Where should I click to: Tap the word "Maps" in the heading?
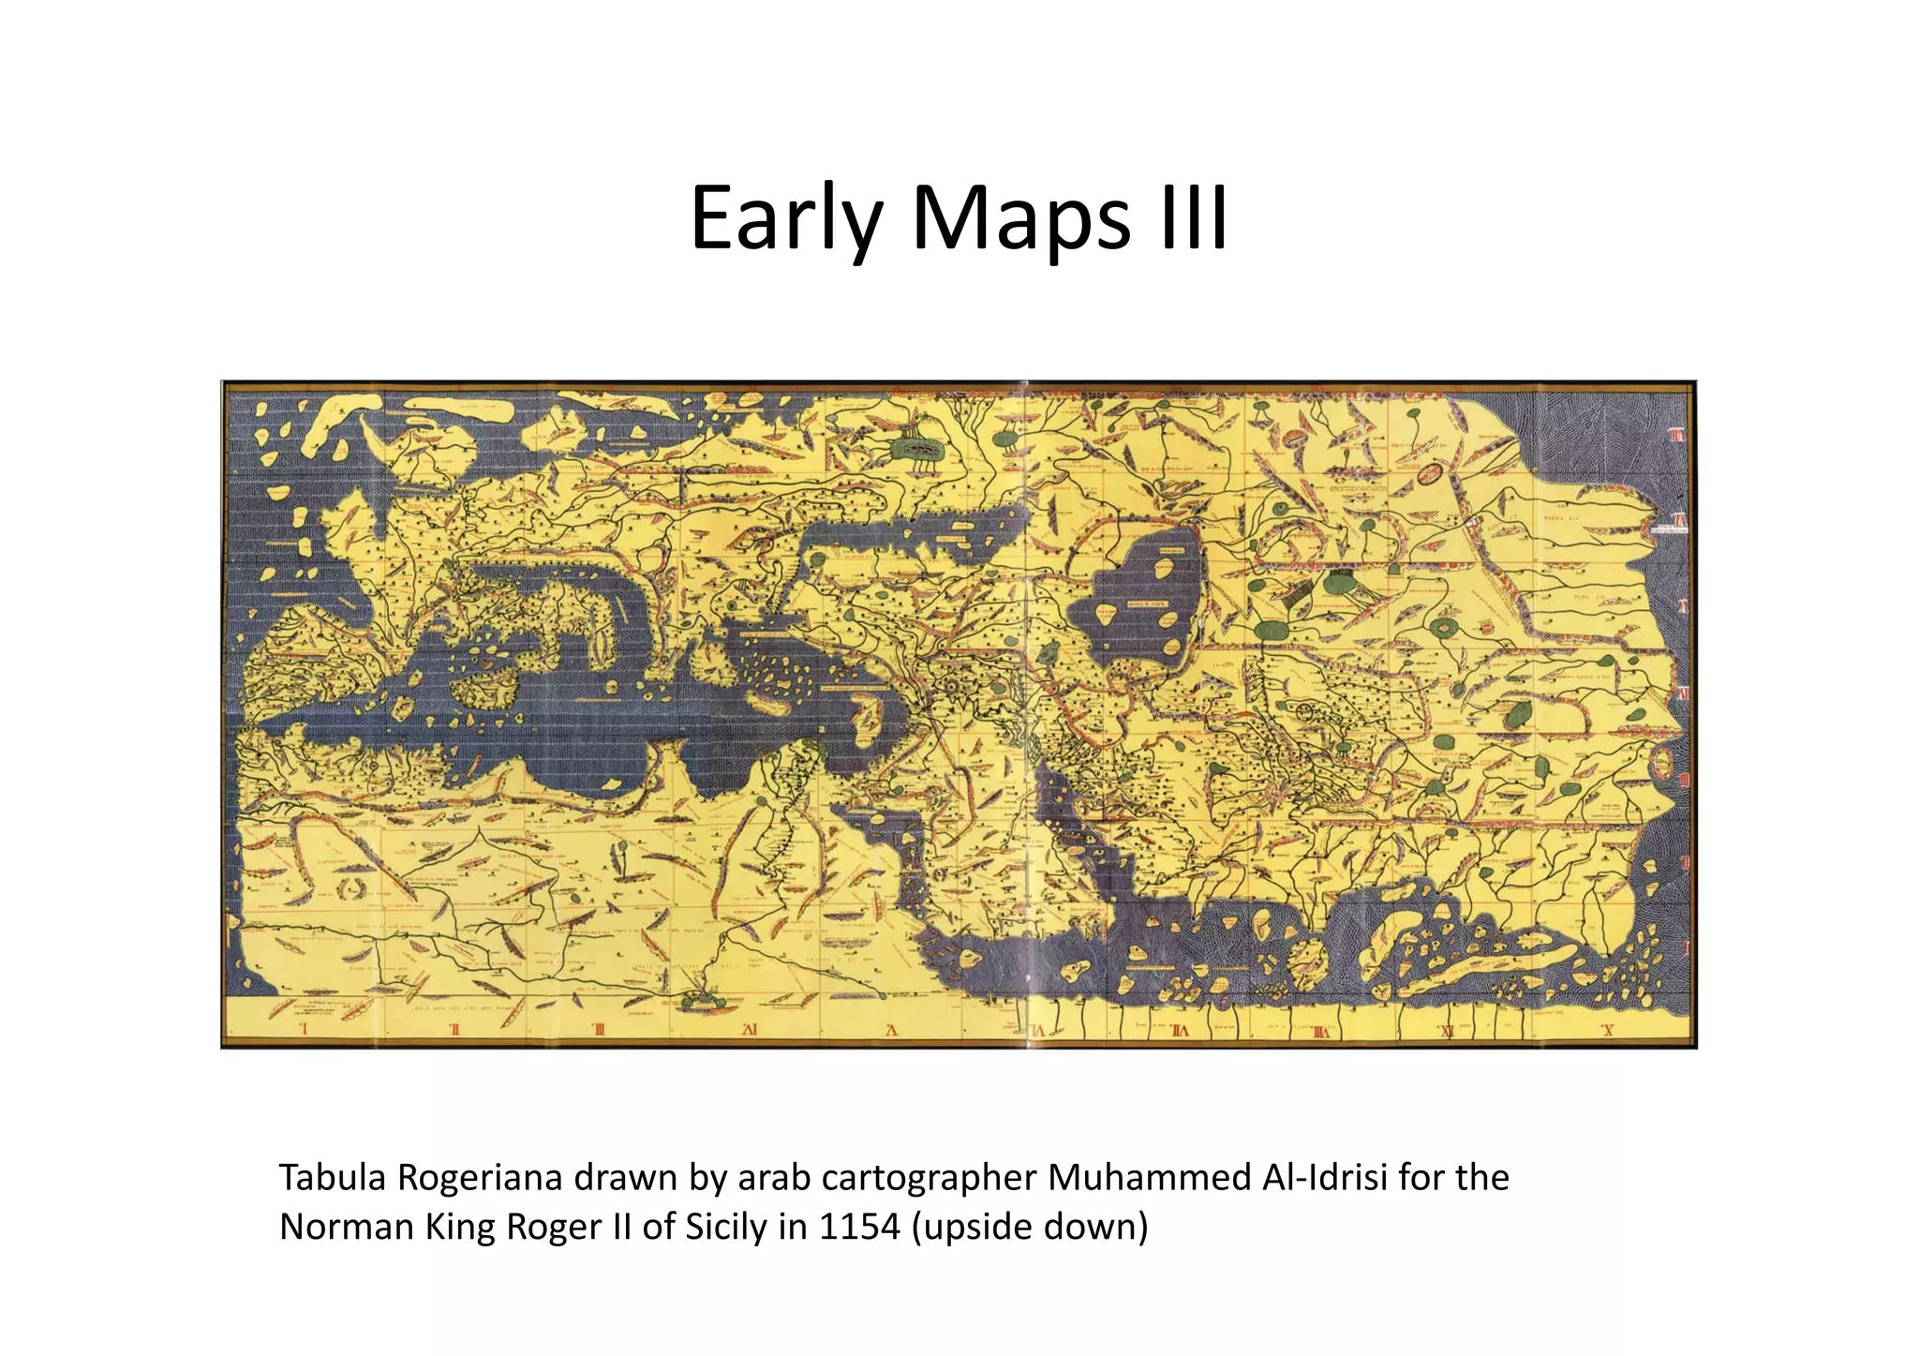[x=1020, y=220]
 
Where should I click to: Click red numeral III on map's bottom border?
[x=600, y=1030]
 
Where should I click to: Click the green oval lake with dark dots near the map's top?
[x=923, y=451]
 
